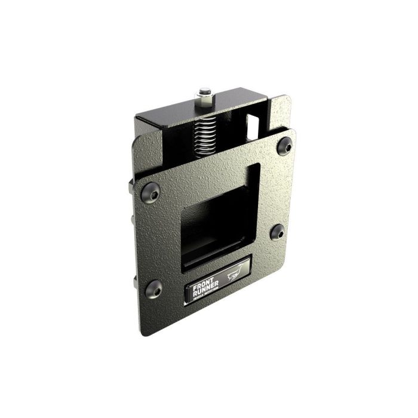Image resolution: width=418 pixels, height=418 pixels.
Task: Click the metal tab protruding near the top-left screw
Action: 131,185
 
